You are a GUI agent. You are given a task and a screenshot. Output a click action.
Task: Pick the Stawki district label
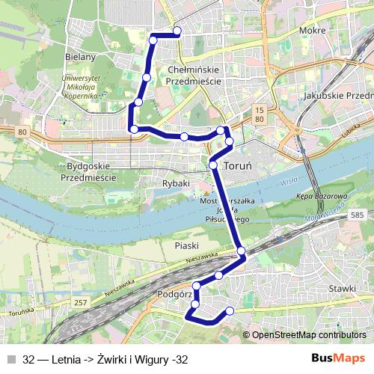(342, 287)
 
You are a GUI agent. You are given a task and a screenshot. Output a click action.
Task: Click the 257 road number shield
(82, 303)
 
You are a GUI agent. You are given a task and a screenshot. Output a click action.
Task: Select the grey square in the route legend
(12, 360)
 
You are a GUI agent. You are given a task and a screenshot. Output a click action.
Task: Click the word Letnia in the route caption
(66, 360)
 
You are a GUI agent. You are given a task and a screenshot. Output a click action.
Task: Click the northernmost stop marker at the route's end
(177, 31)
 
